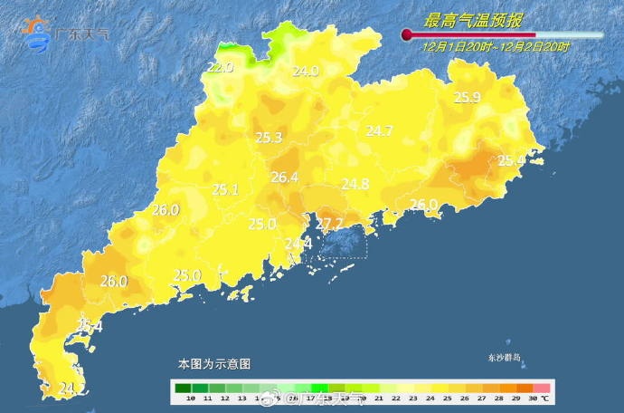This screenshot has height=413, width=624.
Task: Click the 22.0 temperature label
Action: pos(220,67)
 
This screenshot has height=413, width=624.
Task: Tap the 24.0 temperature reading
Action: pos(305,71)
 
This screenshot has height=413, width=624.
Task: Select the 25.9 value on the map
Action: pos(467,97)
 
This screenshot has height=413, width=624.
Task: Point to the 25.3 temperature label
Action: pos(269,138)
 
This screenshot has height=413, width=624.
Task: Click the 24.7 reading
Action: pos(379,131)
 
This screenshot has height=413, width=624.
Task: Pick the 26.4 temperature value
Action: pos(284,178)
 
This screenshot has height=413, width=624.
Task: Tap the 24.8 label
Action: pos(355,184)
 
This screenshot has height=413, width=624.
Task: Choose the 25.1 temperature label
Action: pos(224,189)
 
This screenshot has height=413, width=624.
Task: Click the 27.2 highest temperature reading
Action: pos(328,223)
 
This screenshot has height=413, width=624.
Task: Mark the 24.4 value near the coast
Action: pos(298,244)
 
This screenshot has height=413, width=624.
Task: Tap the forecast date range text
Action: pos(496,46)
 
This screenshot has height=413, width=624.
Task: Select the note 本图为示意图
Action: pos(213,364)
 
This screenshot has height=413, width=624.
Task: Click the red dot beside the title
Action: pos(407,35)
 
